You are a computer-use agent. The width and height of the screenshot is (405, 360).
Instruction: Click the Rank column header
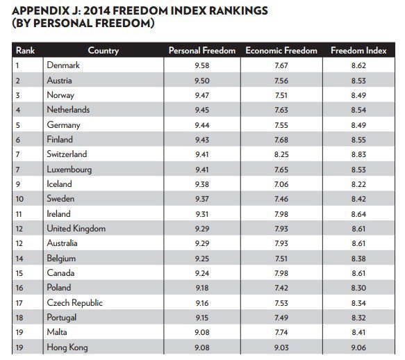(x=25, y=51)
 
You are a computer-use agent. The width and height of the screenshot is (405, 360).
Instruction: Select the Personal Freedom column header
(x=202, y=51)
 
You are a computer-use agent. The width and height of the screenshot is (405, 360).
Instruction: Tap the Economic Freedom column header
(x=281, y=51)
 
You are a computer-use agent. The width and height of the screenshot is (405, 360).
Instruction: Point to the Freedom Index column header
(x=358, y=51)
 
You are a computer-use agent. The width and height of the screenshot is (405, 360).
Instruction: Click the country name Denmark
(x=63, y=65)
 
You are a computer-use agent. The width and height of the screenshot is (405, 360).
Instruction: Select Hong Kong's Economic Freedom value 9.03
(x=281, y=347)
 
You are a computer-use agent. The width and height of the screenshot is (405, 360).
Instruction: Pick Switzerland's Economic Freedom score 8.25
(x=281, y=154)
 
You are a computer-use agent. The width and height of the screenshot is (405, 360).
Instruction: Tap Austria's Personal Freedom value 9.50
(x=202, y=81)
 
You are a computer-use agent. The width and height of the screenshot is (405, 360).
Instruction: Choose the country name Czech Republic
(x=74, y=303)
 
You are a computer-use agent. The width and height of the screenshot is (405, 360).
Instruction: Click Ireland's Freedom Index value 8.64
(x=358, y=214)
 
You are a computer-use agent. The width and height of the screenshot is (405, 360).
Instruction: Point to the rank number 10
(x=19, y=199)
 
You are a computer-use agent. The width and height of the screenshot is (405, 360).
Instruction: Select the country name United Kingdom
(x=76, y=229)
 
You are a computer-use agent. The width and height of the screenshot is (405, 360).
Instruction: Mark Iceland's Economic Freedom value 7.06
(x=281, y=184)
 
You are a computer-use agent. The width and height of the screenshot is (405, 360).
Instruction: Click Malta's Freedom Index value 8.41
(x=358, y=332)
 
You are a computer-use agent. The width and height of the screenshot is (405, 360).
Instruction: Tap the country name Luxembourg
(x=69, y=170)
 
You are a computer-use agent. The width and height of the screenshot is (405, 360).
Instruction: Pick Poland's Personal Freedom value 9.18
(x=202, y=288)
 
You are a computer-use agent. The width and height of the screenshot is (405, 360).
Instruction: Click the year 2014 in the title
(x=96, y=11)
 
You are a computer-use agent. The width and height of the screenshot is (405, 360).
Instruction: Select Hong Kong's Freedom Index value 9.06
(x=358, y=347)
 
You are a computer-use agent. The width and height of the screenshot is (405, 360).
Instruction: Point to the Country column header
(x=104, y=51)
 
